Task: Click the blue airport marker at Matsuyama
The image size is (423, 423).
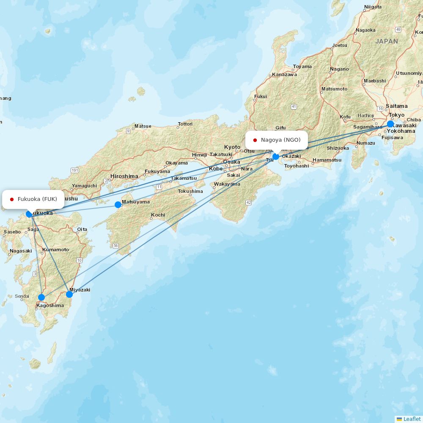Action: (118, 205)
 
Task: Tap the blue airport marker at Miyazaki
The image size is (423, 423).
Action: (69, 294)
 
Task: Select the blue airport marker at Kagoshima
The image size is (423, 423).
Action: (41, 297)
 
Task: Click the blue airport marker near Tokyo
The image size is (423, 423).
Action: (390, 124)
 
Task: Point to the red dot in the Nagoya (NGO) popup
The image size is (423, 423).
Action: (255, 140)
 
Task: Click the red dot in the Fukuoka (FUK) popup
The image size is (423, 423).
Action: (12, 199)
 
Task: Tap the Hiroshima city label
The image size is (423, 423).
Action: (124, 176)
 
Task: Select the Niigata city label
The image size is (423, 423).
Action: (373, 7)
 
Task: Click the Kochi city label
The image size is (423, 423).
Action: (158, 215)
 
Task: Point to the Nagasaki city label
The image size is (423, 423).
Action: (21, 251)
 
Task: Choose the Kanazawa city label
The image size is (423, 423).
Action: (284, 74)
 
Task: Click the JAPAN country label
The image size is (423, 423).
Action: (387, 41)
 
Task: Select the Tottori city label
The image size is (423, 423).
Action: (185, 124)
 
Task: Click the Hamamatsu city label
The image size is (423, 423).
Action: (327, 160)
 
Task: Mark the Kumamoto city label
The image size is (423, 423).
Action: (55, 250)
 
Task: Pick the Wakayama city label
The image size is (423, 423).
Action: (227, 184)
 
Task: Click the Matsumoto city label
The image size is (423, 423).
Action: (334, 89)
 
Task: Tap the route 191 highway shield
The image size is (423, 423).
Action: (75, 170)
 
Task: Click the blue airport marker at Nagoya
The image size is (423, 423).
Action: (276, 157)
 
